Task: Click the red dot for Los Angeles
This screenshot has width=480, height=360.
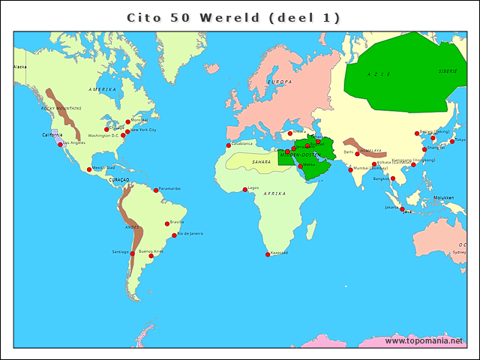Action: point(60,145)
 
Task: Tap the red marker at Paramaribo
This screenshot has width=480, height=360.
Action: point(156,190)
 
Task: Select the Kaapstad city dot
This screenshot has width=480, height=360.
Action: point(268,254)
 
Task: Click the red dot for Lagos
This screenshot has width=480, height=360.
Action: point(244,189)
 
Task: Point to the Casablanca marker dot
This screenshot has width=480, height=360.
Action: point(229,145)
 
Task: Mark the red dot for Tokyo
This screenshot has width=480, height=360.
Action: point(452,141)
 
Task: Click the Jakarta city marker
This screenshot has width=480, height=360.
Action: point(402,209)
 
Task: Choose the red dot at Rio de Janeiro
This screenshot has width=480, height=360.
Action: point(175,235)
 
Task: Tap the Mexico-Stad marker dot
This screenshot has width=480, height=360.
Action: point(89,169)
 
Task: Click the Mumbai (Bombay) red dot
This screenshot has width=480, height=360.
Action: point(350,169)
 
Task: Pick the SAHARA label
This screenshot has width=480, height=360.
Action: point(261,161)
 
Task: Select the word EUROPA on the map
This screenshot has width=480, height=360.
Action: point(280,82)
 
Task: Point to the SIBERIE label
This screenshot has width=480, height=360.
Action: point(448,71)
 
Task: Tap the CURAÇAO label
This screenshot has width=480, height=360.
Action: point(118,180)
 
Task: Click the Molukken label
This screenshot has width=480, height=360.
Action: point(443,197)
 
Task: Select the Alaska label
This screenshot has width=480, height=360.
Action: point(19,67)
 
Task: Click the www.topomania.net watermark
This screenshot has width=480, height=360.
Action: point(424,341)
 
